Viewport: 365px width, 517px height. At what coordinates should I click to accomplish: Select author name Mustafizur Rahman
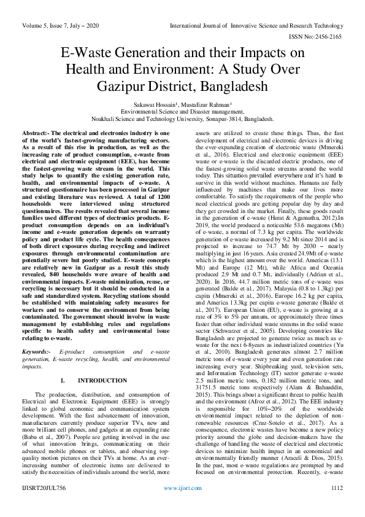[x=208, y=105]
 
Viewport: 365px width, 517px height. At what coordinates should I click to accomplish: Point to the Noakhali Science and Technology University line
[x=182, y=119]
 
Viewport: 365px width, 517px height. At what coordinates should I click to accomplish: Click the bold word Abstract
[x=36, y=133]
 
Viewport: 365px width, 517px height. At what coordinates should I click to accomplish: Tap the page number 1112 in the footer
[x=336, y=505]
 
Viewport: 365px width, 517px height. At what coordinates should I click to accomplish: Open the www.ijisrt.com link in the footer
[x=182, y=505]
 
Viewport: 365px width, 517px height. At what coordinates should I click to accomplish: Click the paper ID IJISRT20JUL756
[x=43, y=505]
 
